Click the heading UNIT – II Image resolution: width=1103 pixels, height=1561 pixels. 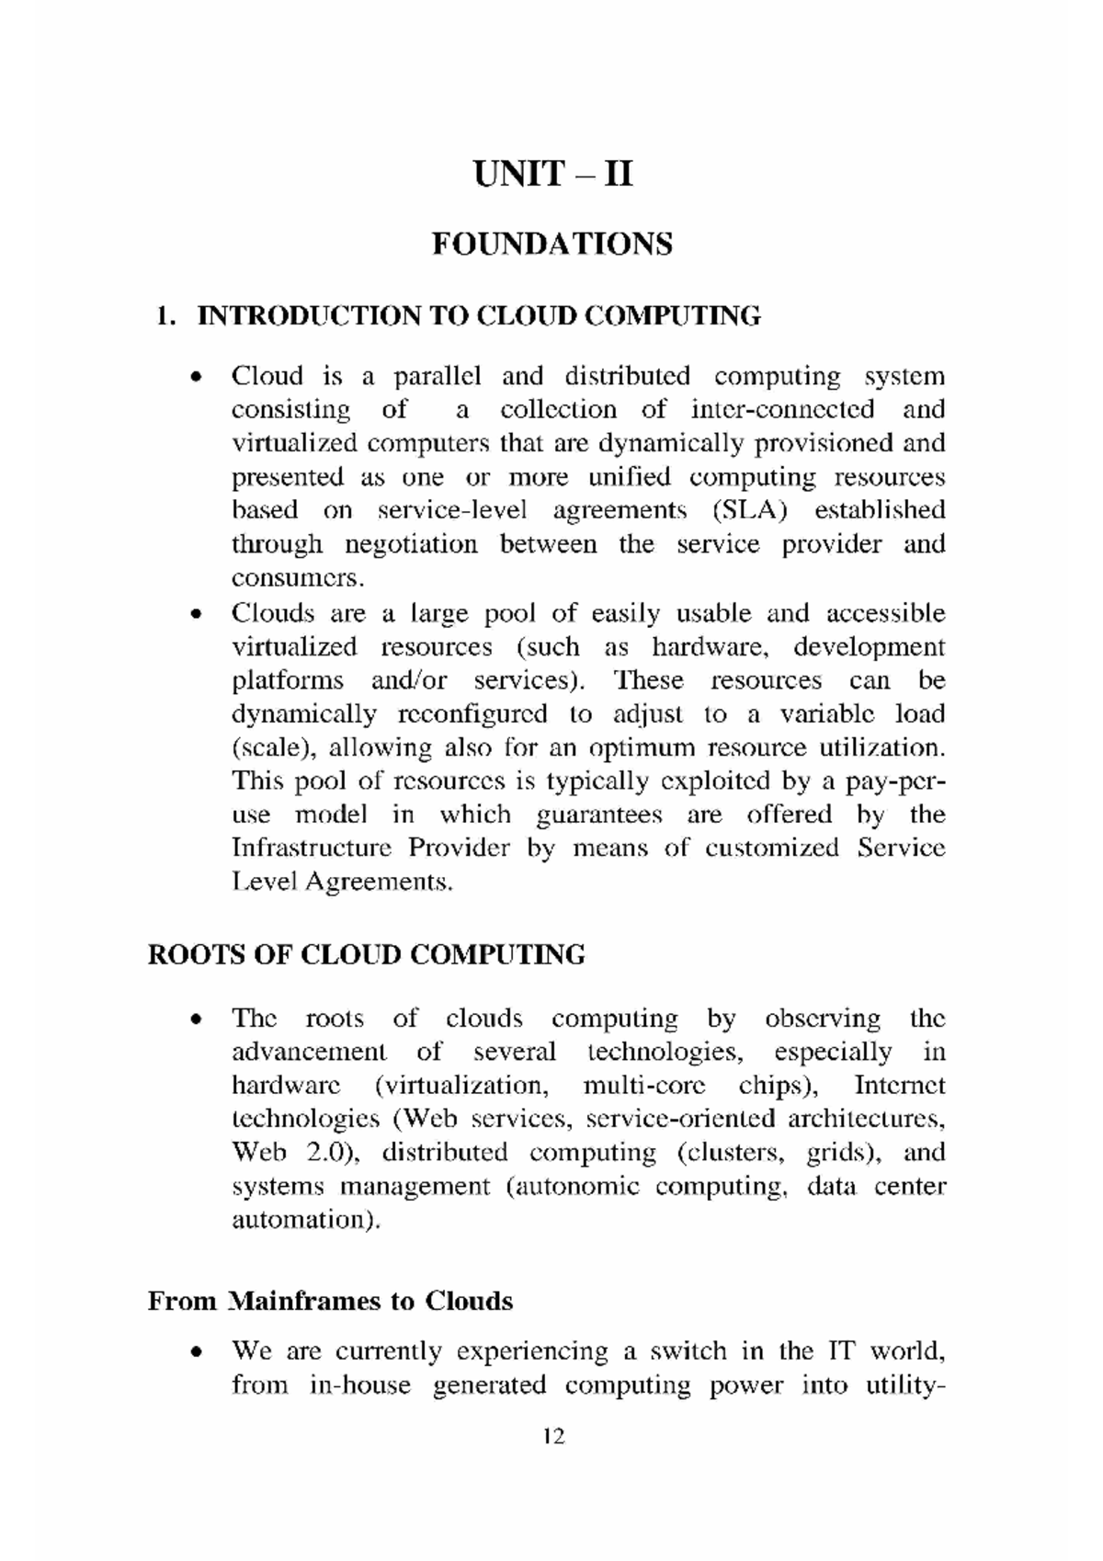(x=552, y=173)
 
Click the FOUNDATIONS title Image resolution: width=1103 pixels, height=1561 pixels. (x=552, y=244)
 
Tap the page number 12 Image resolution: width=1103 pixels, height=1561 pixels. (x=553, y=1436)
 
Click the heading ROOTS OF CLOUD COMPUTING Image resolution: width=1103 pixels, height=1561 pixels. (x=366, y=954)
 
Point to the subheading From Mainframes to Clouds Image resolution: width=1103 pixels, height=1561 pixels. (x=330, y=1301)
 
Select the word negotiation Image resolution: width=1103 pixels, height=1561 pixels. (x=411, y=544)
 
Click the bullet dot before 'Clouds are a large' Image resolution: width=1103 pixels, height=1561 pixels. (x=194, y=614)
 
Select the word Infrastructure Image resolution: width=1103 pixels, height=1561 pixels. (x=311, y=848)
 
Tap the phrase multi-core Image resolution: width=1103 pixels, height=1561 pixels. (x=644, y=1086)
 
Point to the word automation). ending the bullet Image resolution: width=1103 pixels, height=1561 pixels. (x=305, y=1220)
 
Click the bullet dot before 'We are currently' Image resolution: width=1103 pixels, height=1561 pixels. (x=194, y=1352)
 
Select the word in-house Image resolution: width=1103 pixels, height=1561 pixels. (x=360, y=1385)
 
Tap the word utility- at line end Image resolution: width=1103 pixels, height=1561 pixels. (x=904, y=1385)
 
